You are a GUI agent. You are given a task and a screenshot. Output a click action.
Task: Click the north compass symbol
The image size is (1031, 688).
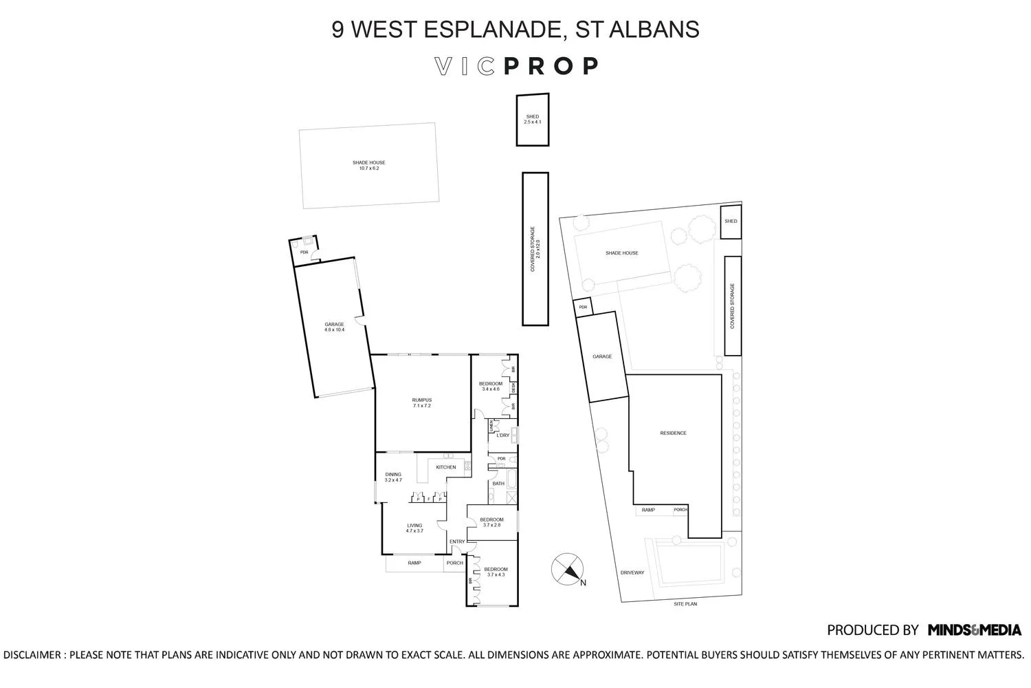568,570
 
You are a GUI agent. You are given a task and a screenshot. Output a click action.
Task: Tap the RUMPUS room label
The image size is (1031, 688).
422,402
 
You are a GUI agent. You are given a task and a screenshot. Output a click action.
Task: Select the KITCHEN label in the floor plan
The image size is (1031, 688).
445,468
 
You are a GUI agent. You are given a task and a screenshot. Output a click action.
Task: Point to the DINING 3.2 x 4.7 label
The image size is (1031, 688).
393,477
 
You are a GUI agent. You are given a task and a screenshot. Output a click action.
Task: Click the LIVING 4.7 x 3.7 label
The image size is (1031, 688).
414,528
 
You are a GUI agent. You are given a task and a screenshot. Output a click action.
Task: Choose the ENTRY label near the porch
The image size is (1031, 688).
457,542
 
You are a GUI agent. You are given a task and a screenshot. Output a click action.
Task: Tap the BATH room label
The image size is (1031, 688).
498,484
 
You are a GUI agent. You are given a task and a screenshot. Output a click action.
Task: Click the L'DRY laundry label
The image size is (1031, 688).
502,436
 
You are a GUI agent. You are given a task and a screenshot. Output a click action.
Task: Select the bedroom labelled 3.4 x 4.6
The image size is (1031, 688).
491,386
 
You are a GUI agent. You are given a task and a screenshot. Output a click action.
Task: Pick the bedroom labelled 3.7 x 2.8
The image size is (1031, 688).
491,522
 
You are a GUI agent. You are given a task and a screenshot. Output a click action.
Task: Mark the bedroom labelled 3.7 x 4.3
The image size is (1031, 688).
496,572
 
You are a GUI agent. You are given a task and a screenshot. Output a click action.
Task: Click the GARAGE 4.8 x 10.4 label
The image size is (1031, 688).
334,327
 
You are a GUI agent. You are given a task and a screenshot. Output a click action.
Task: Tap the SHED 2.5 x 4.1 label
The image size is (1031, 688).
533,119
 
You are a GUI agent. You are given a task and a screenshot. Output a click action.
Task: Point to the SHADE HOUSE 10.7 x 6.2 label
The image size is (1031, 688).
369,165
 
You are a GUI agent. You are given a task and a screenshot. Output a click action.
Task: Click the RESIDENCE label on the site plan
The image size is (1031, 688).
673,433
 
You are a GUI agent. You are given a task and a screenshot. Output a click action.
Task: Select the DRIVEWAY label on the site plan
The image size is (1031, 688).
632,572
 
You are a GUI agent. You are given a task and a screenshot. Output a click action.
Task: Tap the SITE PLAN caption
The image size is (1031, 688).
685,604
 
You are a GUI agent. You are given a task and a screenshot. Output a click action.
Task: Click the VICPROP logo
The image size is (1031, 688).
517,66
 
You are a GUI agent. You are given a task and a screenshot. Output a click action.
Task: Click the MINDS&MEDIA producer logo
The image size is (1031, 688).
974,630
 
